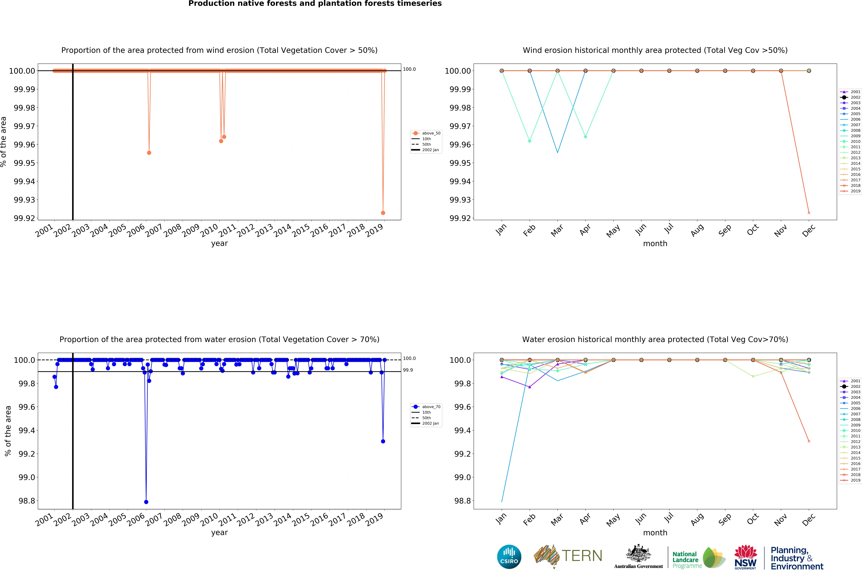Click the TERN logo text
coord(582,556)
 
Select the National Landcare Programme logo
coord(698,558)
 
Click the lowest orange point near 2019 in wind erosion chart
coord(383,213)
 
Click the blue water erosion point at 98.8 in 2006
coord(146,502)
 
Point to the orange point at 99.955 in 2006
coord(149,153)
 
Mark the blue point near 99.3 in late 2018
coord(383,441)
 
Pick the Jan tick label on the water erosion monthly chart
coord(501,519)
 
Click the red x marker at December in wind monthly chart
coord(809,213)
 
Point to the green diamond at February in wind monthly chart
coord(530,141)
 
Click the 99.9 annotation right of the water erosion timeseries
coord(408,370)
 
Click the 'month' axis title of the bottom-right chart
coord(655,532)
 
